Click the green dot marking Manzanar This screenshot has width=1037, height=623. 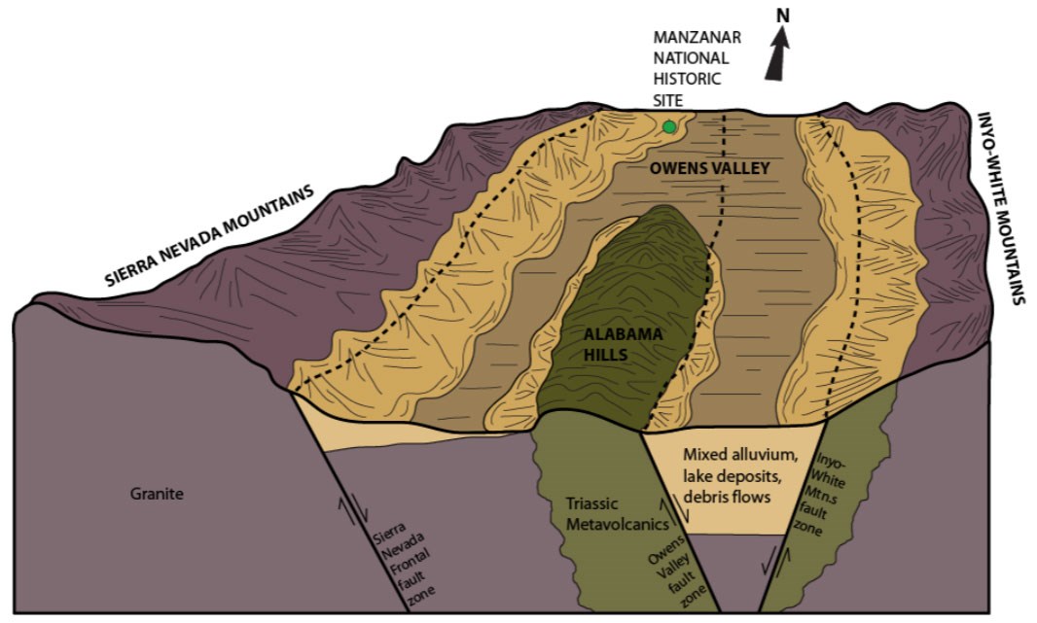click(668, 126)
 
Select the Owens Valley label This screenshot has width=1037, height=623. click(710, 168)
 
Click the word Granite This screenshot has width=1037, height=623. click(157, 494)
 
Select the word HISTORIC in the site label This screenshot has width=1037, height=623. click(686, 79)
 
